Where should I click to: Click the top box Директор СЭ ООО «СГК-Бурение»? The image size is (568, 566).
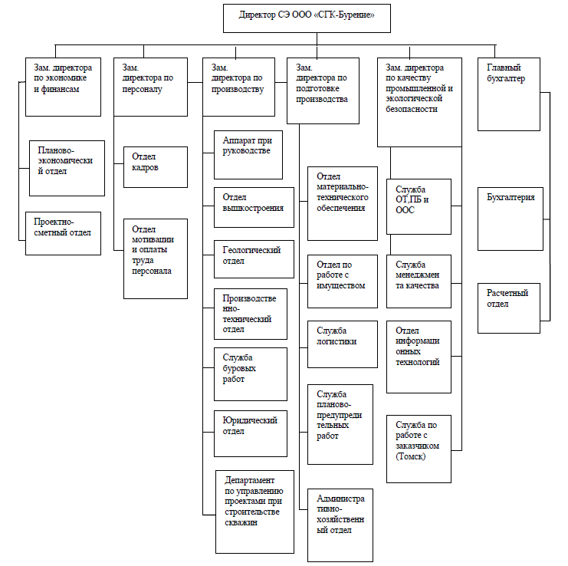(x=307, y=18)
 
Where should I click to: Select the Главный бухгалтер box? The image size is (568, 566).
(x=509, y=94)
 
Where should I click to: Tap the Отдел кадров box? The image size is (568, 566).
(x=156, y=167)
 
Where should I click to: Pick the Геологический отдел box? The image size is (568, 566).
(x=254, y=259)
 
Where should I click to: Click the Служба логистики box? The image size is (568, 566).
(x=343, y=344)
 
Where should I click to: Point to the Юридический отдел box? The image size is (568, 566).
(x=251, y=433)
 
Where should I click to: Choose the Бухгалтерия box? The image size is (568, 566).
(x=511, y=219)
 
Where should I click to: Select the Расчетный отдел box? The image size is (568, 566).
(x=509, y=308)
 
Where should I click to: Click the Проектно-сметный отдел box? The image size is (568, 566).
(x=63, y=233)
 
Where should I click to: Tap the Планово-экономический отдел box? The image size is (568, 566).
(x=67, y=169)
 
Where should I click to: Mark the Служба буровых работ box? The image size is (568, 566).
(x=251, y=374)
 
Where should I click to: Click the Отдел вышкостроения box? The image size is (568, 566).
(x=254, y=207)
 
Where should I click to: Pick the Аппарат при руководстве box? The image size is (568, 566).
(x=248, y=155)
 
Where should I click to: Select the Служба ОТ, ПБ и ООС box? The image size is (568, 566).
(x=419, y=206)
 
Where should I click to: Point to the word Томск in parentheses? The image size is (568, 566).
(x=410, y=456)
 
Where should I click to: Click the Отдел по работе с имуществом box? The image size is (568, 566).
(x=343, y=281)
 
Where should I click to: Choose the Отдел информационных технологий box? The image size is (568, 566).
(x=419, y=357)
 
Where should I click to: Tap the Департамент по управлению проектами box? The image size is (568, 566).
(x=254, y=512)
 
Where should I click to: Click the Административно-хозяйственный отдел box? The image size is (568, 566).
(x=340, y=525)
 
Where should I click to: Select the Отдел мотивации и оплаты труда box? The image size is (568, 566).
(x=156, y=258)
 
